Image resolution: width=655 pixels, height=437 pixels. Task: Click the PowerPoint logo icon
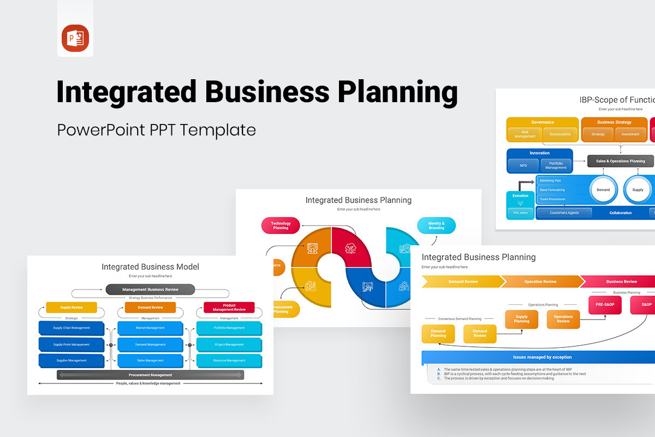75,38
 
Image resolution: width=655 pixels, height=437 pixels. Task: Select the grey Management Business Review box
150,290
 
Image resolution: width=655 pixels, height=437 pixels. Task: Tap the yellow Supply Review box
72,308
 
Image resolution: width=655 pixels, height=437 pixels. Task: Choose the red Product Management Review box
229,308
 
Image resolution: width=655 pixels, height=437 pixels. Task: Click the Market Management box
150,328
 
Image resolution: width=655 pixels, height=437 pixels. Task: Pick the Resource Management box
229,361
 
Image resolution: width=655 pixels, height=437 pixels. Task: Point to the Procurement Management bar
150,375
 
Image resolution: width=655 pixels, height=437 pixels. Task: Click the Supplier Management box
71,361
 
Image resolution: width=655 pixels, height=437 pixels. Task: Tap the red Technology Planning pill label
281,226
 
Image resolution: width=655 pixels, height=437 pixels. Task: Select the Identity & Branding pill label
436,226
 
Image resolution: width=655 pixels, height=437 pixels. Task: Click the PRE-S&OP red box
605,304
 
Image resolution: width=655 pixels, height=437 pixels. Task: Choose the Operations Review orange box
563,319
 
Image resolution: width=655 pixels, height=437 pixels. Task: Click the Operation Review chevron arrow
540,282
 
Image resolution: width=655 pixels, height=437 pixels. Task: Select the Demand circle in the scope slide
603,190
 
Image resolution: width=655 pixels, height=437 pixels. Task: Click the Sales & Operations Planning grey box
620,161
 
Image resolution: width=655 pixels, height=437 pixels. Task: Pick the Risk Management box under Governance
525,134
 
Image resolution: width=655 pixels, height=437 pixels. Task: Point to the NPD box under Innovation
523,166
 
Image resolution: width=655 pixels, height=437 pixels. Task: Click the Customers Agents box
564,213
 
